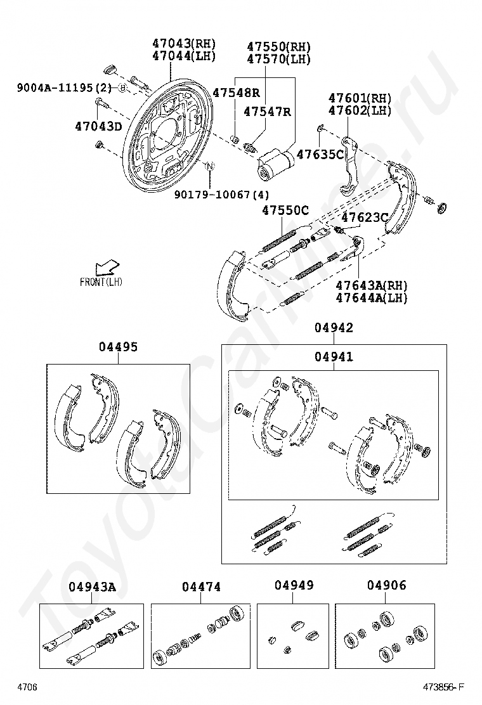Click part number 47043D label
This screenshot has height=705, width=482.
pyautogui.click(x=98, y=126)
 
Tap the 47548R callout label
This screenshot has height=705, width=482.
pyautogui.click(x=236, y=93)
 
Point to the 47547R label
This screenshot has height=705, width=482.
pyautogui.click(x=267, y=112)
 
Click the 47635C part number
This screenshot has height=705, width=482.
pyautogui.click(x=320, y=154)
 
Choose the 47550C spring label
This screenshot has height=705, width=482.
pyautogui.click(x=285, y=210)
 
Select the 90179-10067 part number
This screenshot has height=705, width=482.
pyautogui.click(x=222, y=194)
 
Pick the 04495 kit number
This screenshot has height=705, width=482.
pyautogui.click(x=118, y=347)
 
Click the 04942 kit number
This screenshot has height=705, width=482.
pyautogui.click(x=334, y=328)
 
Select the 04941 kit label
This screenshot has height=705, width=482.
pyautogui.click(x=334, y=357)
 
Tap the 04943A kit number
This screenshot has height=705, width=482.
pyautogui.click(x=92, y=587)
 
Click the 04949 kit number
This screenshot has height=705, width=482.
pyautogui.click(x=294, y=585)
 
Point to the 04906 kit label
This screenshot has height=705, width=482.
pyautogui.click(x=386, y=585)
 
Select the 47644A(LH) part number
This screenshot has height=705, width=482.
pyautogui.click(x=371, y=298)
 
